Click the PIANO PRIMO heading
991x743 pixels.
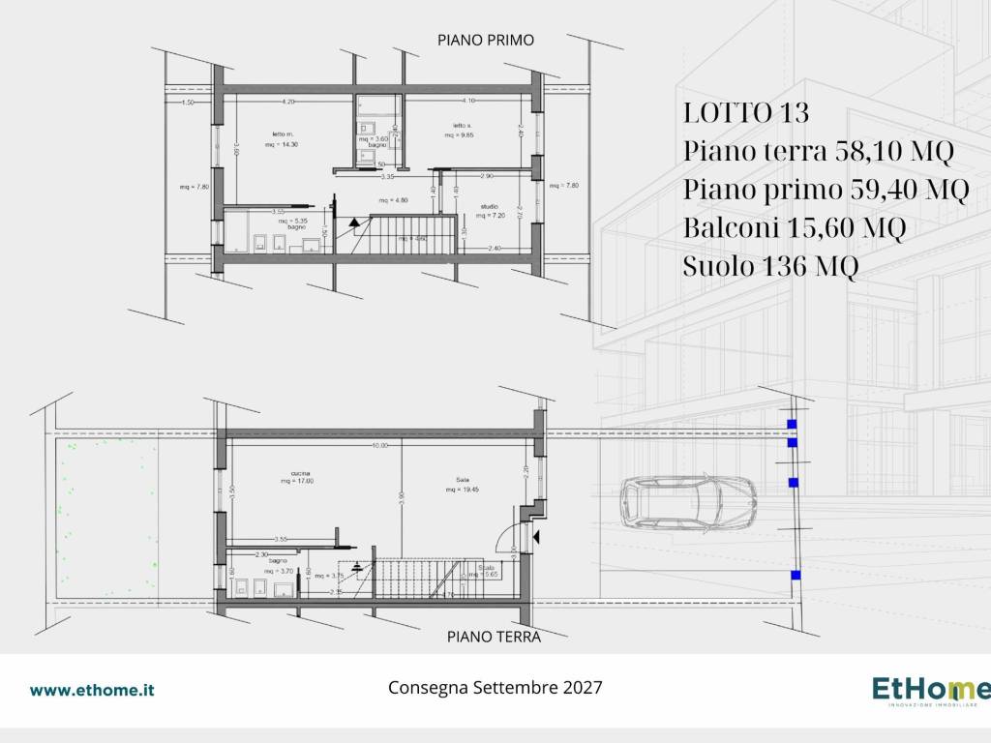(x=486, y=40)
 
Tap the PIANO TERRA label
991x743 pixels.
(x=494, y=637)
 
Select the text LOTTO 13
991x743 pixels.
(x=745, y=113)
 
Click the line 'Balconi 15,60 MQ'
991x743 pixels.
(x=794, y=228)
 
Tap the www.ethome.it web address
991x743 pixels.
(x=92, y=690)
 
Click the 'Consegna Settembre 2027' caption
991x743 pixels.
(x=495, y=688)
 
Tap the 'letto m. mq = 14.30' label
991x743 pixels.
(x=282, y=138)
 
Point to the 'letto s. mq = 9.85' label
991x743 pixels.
(x=463, y=130)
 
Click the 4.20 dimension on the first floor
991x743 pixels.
(x=287, y=102)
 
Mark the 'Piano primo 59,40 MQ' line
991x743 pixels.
(x=826, y=190)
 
